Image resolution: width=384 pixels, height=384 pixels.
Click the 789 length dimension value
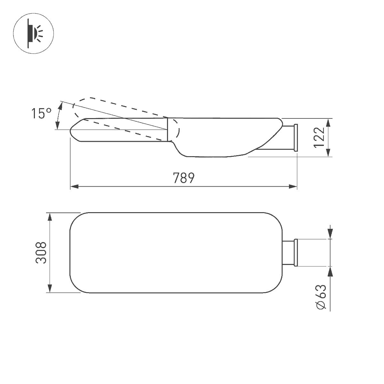[x=184, y=178]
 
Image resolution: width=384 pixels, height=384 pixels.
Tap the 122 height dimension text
[x=319, y=137]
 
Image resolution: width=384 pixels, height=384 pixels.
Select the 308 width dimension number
[x=41, y=253]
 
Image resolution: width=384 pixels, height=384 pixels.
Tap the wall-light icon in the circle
[x=35, y=33]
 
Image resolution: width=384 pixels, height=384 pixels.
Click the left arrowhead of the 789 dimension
[x=74, y=187]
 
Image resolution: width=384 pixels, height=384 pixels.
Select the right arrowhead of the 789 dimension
[x=293, y=187]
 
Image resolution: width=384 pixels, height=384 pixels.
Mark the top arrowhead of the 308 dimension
[x=50, y=217]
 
